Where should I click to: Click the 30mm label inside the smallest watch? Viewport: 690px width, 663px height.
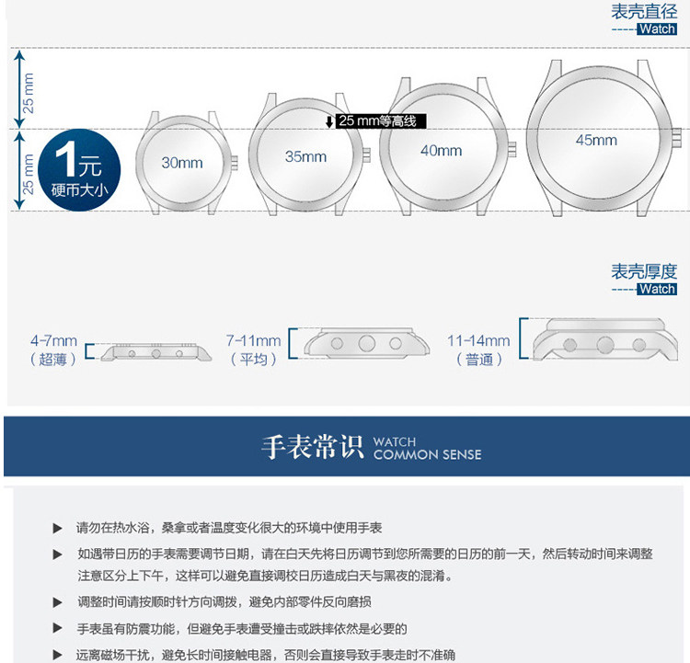(x=182, y=163)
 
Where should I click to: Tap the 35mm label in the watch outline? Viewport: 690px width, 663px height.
(x=305, y=157)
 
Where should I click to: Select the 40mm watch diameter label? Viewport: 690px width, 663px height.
(x=441, y=150)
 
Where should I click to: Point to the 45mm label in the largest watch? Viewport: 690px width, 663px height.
(x=596, y=140)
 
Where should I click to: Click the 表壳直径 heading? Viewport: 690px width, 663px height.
(x=644, y=11)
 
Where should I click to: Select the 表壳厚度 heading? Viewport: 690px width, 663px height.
(x=644, y=271)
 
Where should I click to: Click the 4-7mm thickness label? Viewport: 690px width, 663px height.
(x=53, y=341)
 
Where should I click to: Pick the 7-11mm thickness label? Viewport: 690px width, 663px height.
(x=253, y=341)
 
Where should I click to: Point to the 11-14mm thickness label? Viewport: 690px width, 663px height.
(x=478, y=341)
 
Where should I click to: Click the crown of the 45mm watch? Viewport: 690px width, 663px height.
(x=676, y=141)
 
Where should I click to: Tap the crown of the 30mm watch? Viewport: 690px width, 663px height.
(x=232, y=163)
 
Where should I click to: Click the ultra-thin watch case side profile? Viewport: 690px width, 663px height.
(x=155, y=351)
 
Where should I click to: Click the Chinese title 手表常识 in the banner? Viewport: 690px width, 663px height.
(x=313, y=448)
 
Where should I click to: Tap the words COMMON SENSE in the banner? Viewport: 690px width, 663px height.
(x=427, y=454)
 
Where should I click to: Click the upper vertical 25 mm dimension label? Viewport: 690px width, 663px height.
(x=29, y=92)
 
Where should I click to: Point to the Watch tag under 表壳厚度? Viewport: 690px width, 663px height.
(x=657, y=289)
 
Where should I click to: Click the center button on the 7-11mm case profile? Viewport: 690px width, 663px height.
(x=367, y=344)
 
